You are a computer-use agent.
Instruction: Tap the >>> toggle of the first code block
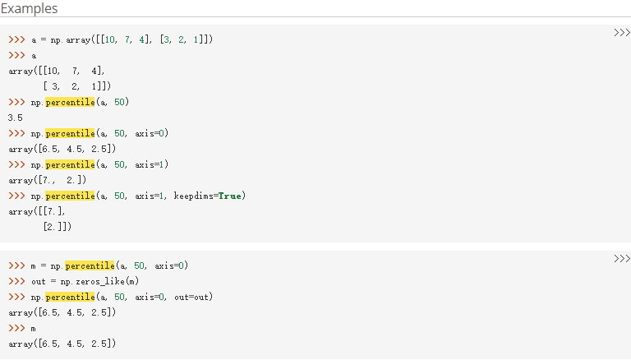[620, 33]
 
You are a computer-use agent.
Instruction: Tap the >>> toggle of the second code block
[620, 260]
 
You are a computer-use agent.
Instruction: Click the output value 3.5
[15, 118]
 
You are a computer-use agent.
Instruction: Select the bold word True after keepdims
[229, 196]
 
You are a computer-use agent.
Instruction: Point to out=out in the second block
[193, 297]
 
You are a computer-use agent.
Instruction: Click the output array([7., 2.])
[45, 180]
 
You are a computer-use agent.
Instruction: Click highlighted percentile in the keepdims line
[70, 196]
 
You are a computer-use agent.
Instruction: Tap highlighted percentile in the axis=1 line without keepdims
[70, 164]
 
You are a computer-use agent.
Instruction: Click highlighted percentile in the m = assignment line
[89, 265]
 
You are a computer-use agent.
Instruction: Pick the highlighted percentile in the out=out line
[70, 297]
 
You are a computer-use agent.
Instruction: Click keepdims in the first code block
[193, 196]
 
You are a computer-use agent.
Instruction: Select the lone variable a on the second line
[34, 55]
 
